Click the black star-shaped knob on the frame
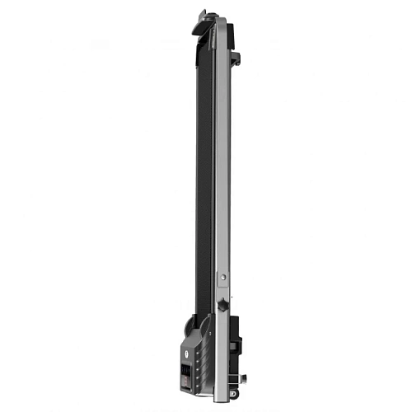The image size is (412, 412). pos(222,306)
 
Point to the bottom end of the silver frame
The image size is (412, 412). pos(221,399)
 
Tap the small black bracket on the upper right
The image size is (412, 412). pos(236,57)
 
